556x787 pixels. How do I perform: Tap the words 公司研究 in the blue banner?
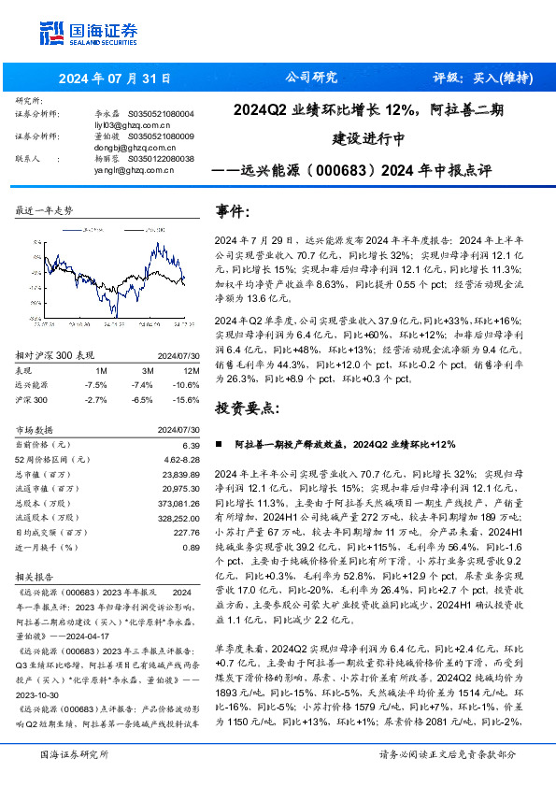pyautogui.click(x=311, y=78)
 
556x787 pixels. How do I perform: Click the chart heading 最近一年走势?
pyautogui.click(x=44, y=211)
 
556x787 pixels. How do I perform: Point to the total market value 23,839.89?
pyautogui.click(x=175, y=475)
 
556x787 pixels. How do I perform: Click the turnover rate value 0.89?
pyautogui.click(x=190, y=547)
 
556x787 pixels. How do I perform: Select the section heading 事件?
pyautogui.click(x=233, y=212)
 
